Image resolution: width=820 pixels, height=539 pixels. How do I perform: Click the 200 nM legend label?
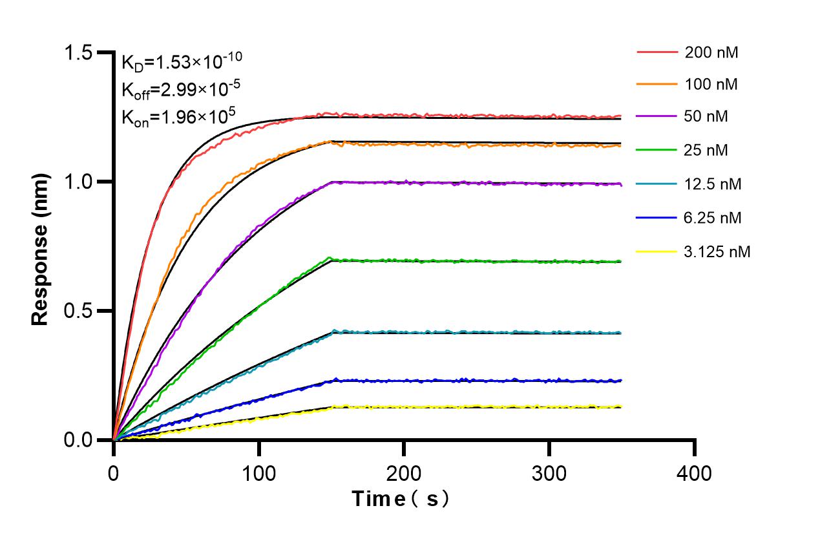click(711, 52)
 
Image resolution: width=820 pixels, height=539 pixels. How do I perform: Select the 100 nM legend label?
click(711, 84)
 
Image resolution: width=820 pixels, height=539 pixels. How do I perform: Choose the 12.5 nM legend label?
click(713, 184)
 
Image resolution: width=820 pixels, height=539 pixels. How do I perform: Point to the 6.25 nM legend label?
click(713, 218)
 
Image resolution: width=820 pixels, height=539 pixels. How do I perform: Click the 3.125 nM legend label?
click(717, 251)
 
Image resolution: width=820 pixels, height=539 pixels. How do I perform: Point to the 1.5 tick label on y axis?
click(81, 52)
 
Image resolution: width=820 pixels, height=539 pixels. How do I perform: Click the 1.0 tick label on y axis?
click(81, 182)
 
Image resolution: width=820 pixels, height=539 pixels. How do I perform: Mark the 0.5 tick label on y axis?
click(81, 311)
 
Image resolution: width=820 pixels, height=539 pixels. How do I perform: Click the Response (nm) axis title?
click(41, 246)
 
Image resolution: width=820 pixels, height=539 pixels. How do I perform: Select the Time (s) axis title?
click(400, 499)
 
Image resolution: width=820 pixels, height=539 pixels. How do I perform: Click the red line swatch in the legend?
click(656, 52)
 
